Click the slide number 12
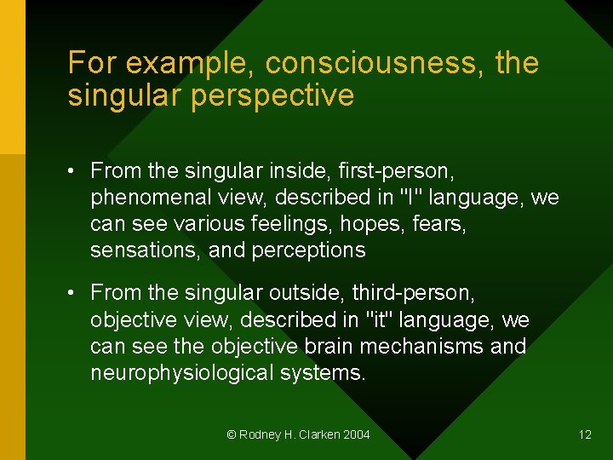(585, 434)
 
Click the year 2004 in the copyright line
(357, 434)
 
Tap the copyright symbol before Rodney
(231, 434)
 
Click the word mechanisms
(429, 347)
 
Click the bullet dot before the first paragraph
(74, 172)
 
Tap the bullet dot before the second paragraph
(74, 294)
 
